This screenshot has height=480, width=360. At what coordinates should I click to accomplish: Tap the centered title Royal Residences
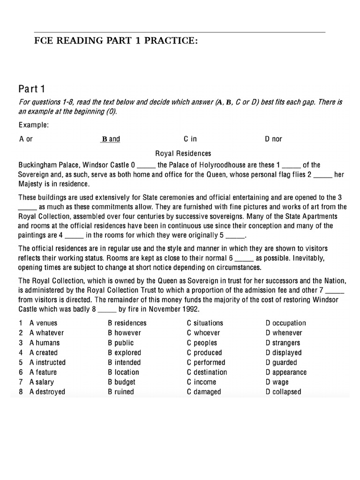click(x=183, y=153)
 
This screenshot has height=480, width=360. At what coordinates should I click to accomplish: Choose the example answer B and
click(x=111, y=139)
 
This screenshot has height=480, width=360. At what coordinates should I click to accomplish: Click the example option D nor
click(x=273, y=139)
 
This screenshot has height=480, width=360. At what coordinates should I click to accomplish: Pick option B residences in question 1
click(x=127, y=323)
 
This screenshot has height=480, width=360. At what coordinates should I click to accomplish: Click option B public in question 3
click(x=120, y=343)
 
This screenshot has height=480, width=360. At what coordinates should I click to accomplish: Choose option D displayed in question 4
click(x=283, y=352)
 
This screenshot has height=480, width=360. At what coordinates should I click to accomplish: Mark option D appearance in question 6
click(x=286, y=372)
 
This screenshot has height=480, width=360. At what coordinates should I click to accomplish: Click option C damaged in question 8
click(x=203, y=392)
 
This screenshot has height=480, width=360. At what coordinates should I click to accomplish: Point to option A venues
click(x=44, y=323)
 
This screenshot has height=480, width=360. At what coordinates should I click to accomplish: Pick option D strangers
click(x=283, y=343)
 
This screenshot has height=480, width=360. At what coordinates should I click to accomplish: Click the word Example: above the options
click(x=34, y=125)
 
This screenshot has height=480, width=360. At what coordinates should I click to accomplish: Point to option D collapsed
click(x=283, y=392)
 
